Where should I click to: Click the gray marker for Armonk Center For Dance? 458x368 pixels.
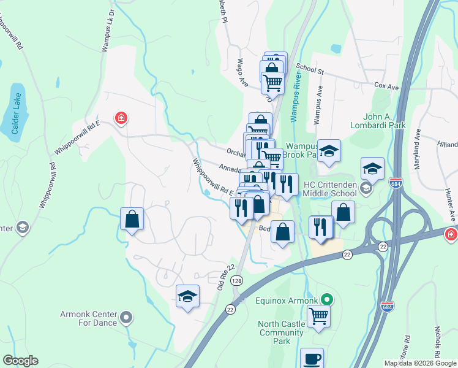[x=126, y=318]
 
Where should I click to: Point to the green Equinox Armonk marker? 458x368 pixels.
[x=328, y=300]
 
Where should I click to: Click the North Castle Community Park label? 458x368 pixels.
[x=281, y=332]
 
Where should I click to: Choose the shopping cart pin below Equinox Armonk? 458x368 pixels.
[x=318, y=316]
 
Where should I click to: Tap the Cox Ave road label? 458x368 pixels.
[x=386, y=87]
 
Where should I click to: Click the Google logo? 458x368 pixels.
[x=20, y=361]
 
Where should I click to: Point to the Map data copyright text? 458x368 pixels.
[x=420, y=363]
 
